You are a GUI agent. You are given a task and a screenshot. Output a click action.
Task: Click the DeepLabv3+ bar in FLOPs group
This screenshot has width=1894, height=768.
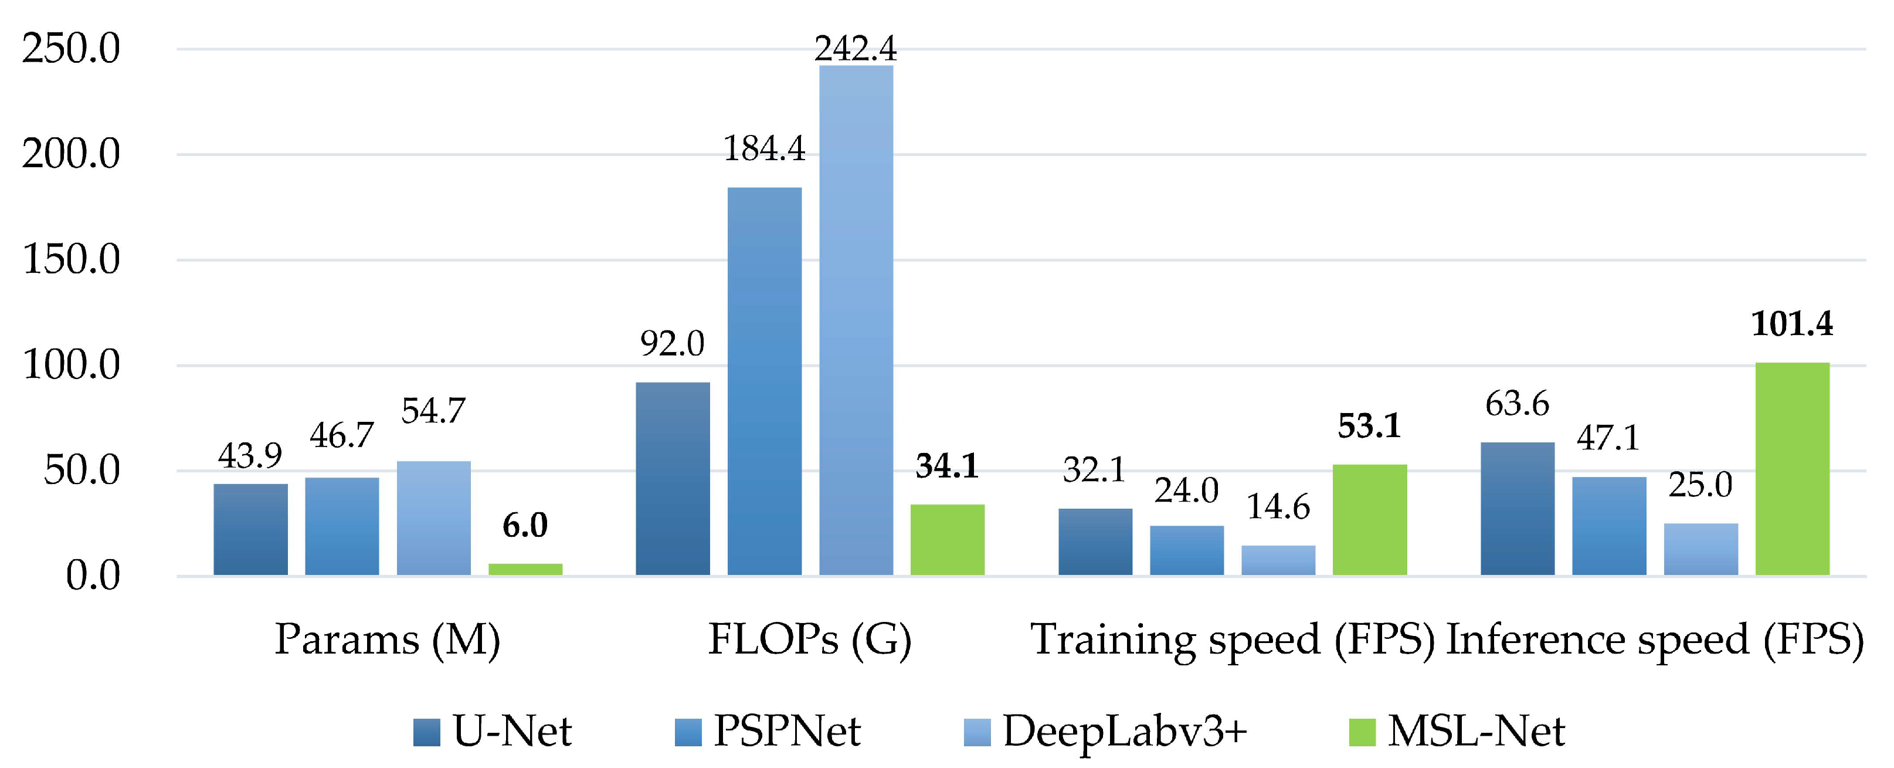coord(856,320)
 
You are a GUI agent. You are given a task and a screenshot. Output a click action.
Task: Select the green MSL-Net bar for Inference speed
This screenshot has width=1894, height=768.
coord(1792,469)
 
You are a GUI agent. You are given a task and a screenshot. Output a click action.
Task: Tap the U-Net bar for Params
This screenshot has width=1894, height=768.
coord(251,529)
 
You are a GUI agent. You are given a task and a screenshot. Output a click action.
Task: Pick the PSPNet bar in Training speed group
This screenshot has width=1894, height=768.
coord(1187,550)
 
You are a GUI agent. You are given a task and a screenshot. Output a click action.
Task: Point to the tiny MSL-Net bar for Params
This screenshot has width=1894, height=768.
coord(525,569)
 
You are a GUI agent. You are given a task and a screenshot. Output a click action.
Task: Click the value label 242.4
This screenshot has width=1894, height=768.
coord(856,49)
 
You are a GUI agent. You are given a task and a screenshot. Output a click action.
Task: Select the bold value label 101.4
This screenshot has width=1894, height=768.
coord(1792,324)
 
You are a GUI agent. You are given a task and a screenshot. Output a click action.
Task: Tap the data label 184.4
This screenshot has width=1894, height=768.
coord(765,150)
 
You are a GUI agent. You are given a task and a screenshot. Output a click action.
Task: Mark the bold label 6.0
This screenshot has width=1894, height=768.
coord(525,525)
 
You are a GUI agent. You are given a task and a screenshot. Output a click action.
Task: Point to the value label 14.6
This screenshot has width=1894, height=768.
coord(1278,508)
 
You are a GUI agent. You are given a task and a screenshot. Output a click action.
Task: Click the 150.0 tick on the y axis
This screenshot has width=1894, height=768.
coord(70,260)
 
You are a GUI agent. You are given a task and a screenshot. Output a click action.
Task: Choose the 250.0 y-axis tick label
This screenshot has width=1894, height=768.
coord(70,49)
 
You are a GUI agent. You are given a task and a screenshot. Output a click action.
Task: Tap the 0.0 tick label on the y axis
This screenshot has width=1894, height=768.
coord(93,576)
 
